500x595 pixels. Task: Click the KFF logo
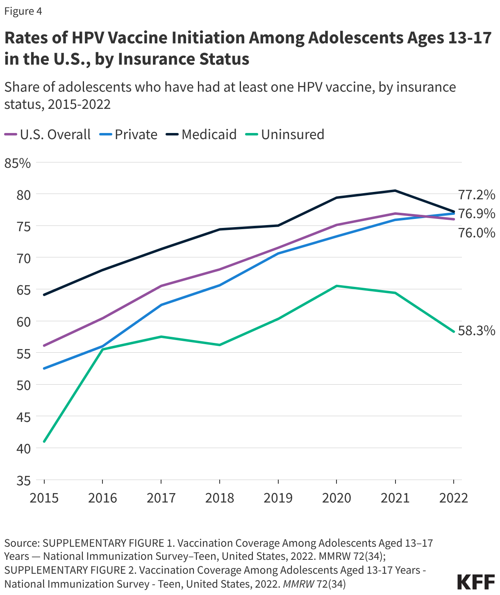coord(475,582)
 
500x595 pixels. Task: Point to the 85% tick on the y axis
coord(18,163)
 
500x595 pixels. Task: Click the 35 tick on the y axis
coord(23,480)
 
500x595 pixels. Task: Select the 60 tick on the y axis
coord(23,322)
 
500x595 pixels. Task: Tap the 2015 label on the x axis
coord(44,498)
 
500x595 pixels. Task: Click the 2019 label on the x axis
coord(278,498)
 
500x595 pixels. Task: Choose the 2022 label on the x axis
coord(453,498)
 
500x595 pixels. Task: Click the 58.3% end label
coord(476,331)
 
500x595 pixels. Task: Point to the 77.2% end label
coord(476,195)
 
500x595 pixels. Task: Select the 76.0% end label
coord(476,233)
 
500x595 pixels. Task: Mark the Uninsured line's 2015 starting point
coord(44,442)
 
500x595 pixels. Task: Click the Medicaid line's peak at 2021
coord(395,191)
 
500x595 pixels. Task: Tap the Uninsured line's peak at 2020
coord(336,286)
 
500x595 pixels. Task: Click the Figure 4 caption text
coord(23,11)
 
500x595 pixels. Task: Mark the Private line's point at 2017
coord(161,305)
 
